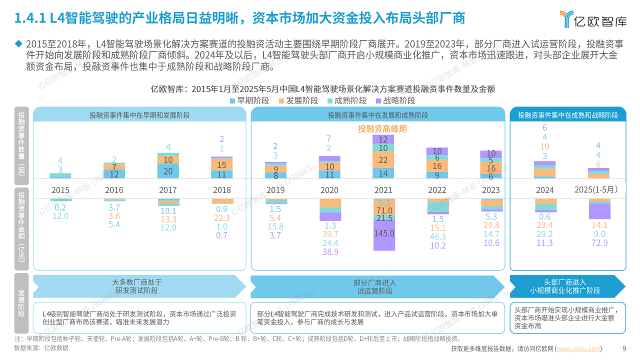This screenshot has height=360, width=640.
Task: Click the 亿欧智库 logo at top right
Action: tap(592, 19)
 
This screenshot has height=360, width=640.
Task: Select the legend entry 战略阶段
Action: tap(394, 100)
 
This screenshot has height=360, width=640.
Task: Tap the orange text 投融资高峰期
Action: tap(382, 128)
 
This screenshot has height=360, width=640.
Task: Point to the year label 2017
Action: tap(167, 190)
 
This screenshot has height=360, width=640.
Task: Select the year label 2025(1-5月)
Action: tap(598, 189)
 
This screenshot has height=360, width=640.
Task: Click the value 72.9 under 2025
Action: tap(598, 243)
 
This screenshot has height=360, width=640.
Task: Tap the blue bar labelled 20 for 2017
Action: tap(168, 171)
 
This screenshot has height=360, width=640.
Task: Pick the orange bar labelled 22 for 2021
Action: tap(383, 160)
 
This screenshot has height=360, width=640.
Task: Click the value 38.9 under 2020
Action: tap(330, 252)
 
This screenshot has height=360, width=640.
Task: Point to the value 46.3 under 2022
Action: tap(437, 237)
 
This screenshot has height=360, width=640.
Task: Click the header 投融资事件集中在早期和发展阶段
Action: tap(139, 115)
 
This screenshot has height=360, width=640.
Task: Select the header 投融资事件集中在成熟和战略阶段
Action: tap(567, 115)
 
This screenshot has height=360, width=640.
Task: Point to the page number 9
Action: tap(623, 349)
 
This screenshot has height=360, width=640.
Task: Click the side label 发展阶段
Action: tap(21, 303)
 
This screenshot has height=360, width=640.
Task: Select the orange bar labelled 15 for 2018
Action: tap(222, 164)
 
